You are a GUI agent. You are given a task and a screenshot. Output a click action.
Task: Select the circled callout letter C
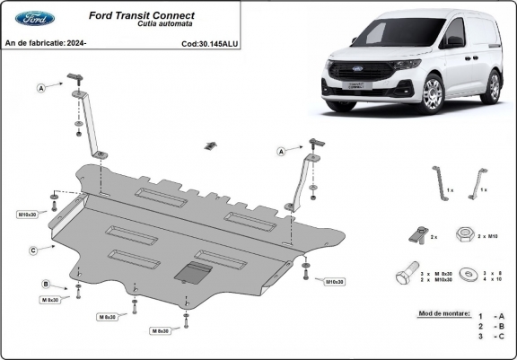pyautogui.click(x=33, y=250)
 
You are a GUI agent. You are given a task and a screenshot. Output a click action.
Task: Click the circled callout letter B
pyautogui.click(x=46, y=285)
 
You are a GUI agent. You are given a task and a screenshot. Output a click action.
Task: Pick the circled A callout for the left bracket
pyautogui.click(x=41, y=87)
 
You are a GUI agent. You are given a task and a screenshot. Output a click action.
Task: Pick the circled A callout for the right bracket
pyautogui.click(x=282, y=152)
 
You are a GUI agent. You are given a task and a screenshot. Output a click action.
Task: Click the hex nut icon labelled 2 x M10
pyautogui.click(x=464, y=236)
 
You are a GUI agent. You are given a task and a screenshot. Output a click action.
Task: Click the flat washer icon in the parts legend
pyautogui.click(x=467, y=272)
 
